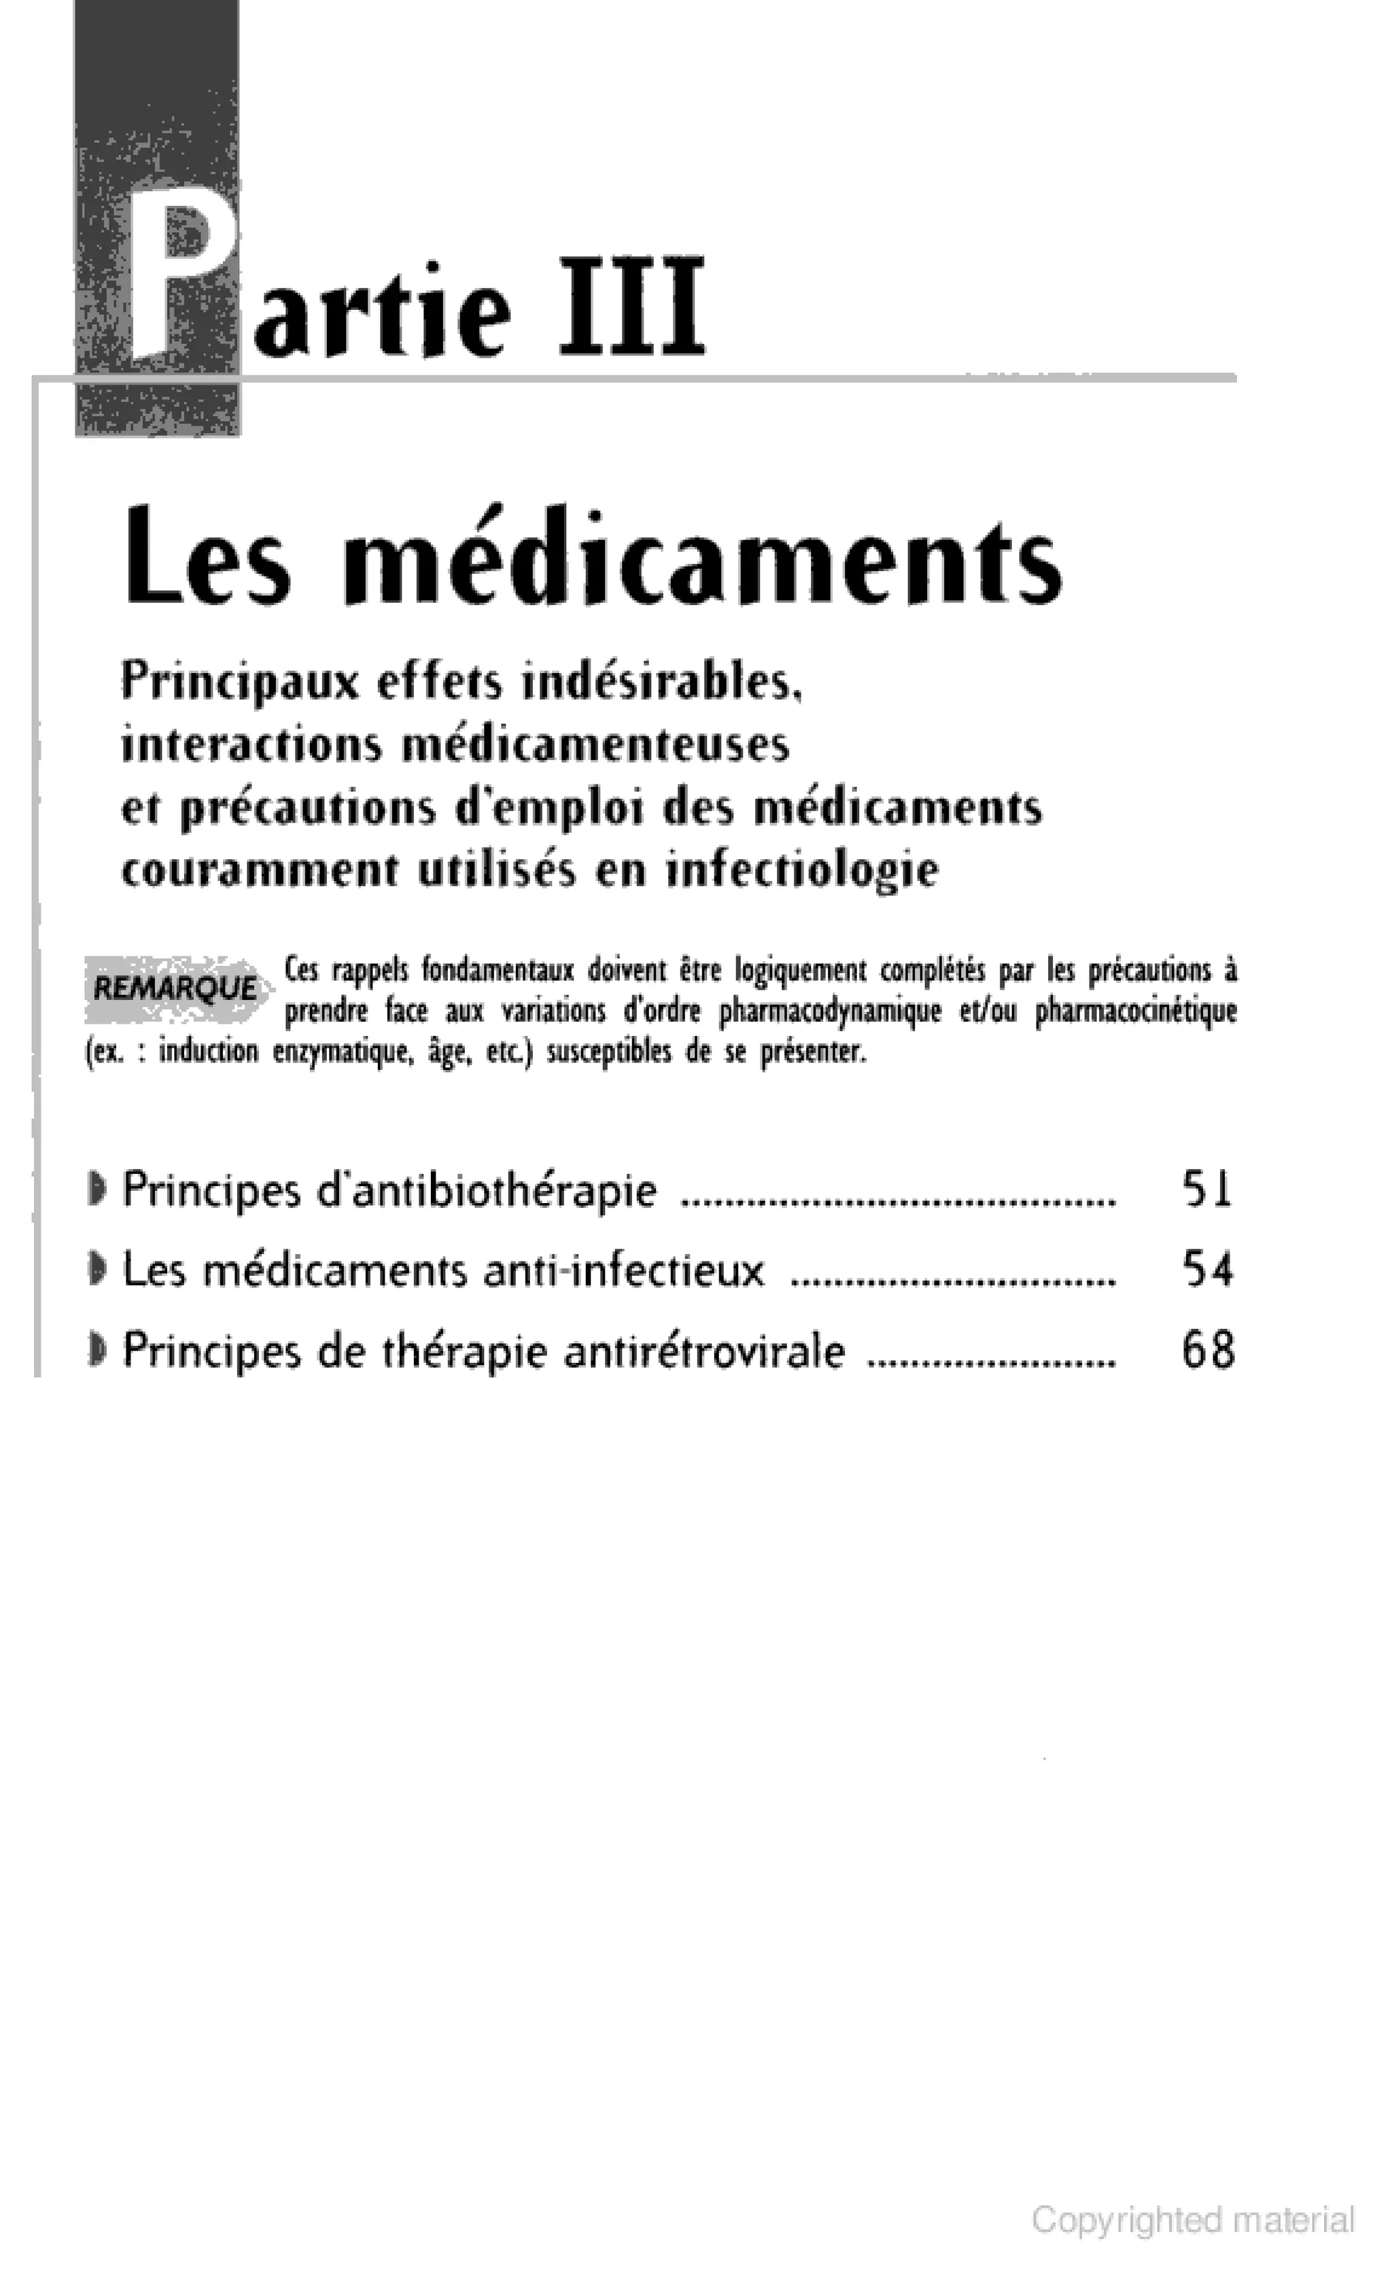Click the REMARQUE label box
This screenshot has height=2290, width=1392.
pyautogui.click(x=175, y=988)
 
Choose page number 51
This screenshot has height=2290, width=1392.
pyautogui.click(x=1207, y=1189)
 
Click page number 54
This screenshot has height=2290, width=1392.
pyautogui.click(x=1207, y=1270)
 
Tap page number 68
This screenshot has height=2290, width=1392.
pyautogui.click(x=1207, y=1351)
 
